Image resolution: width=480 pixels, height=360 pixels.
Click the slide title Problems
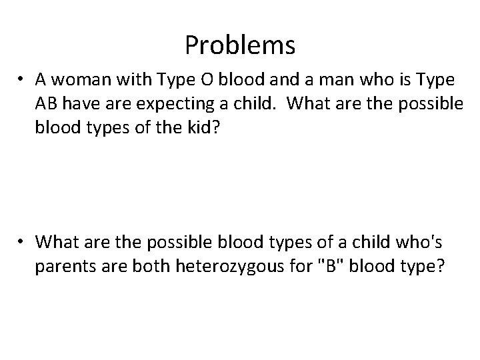pyautogui.click(x=240, y=45)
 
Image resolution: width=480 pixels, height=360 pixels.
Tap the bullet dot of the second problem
pyautogui.click(x=23, y=241)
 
